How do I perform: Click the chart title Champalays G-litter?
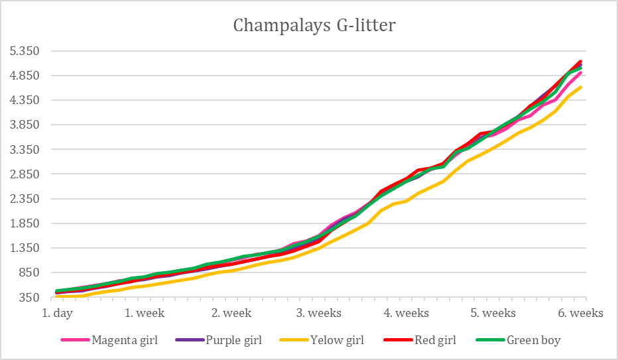point(314,26)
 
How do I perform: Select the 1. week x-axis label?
point(145,313)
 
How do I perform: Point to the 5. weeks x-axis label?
point(493,313)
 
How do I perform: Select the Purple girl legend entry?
point(233,341)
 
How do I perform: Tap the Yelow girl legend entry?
point(336,341)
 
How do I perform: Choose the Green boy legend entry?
point(533,341)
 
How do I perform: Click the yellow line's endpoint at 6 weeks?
point(581,88)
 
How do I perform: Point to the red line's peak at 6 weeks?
point(581,62)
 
